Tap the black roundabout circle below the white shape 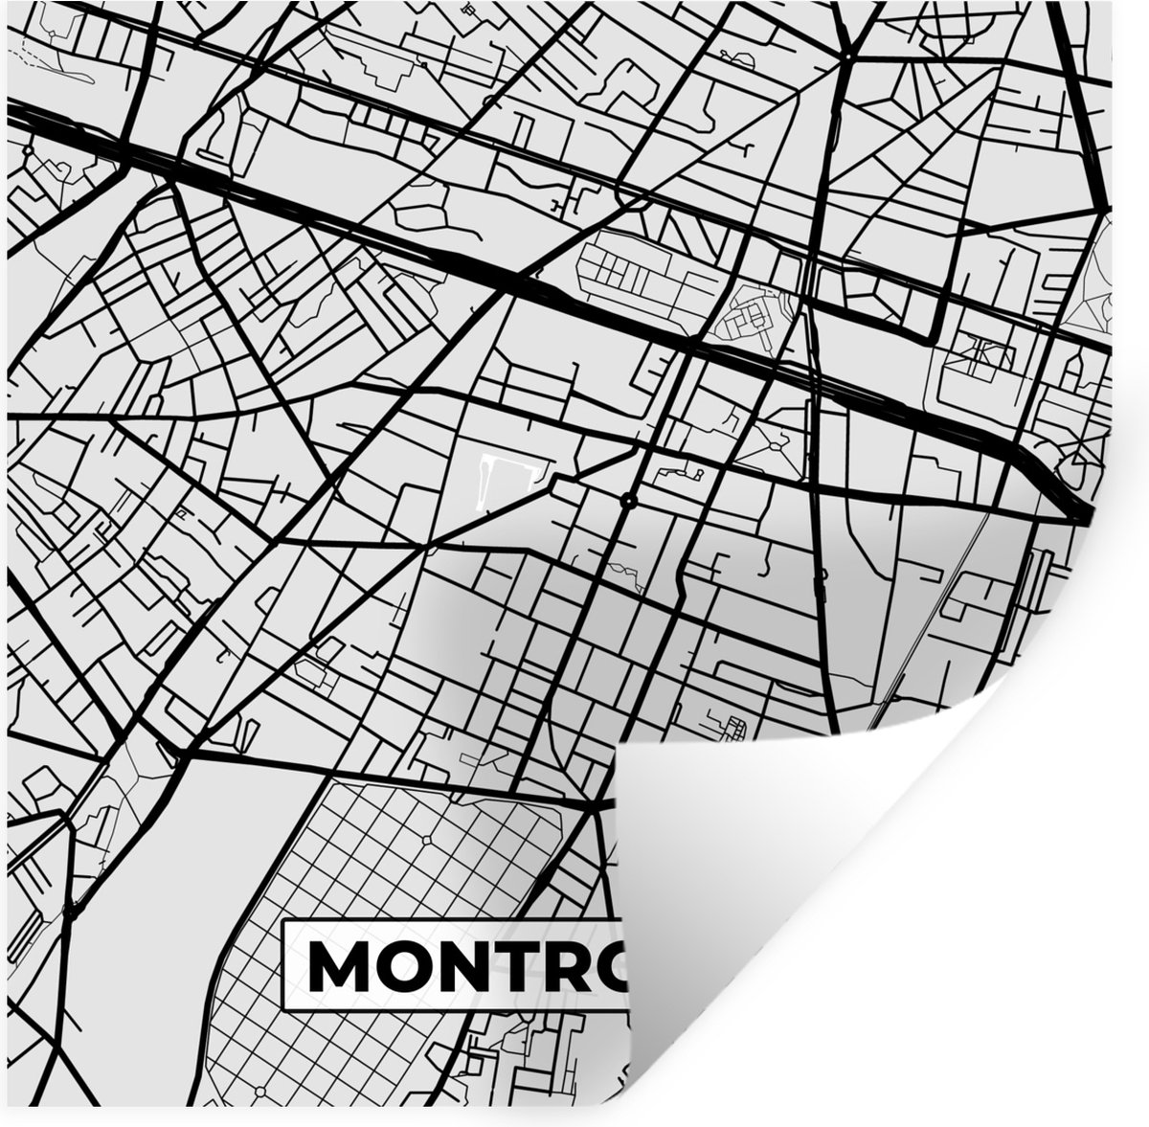pos(628,501)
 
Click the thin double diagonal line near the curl pos(948,613)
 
